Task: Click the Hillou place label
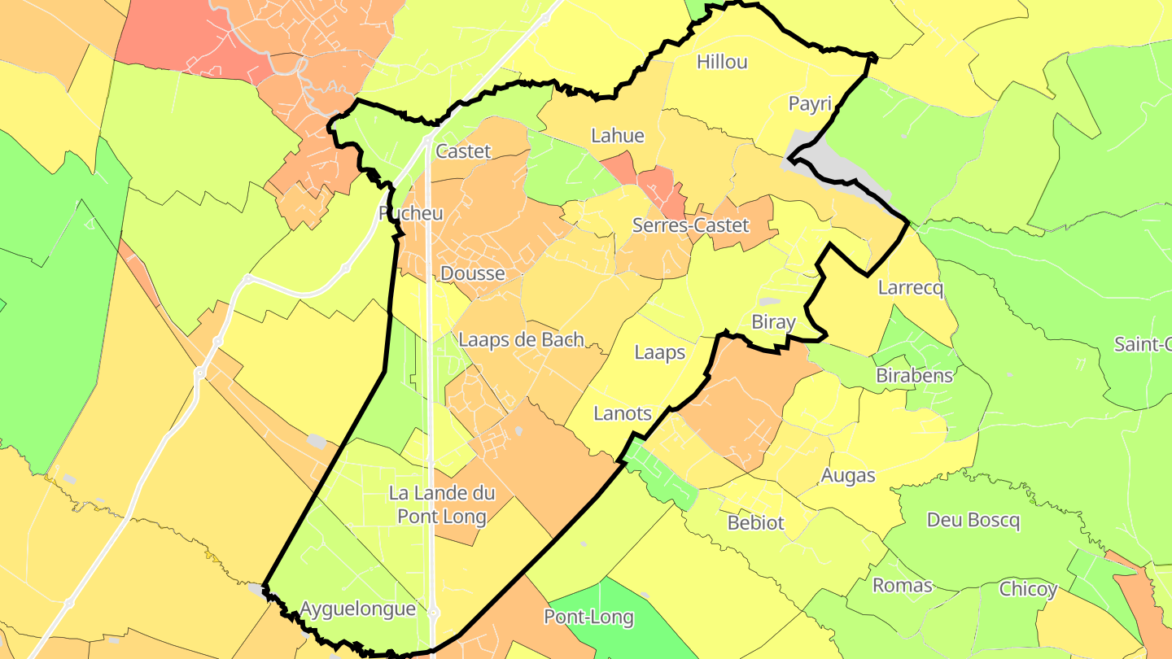coord(722,62)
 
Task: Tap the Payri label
coord(810,103)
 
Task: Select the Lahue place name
coord(618,136)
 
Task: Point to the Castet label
coord(463,151)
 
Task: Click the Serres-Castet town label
coord(690,225)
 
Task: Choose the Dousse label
coord(472,273)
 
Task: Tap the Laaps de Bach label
coord(521,339)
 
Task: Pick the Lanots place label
coord(623,413)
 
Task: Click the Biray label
coord(773,322)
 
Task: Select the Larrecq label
coord(910,288)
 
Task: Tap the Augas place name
coord(848,475)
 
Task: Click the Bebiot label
coord(755,522)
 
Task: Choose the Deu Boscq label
coord(973,520)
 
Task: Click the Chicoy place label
coord(1027,589)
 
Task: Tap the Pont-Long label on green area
coord(588,617)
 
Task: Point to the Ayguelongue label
coord(357,609)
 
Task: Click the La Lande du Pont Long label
coord(442,504)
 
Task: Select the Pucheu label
coord(411,213)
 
